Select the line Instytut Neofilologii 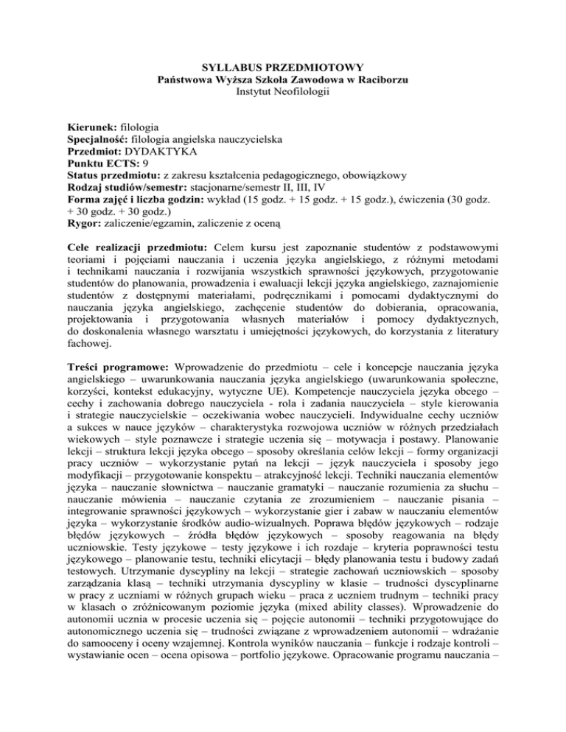click(283, 91)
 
